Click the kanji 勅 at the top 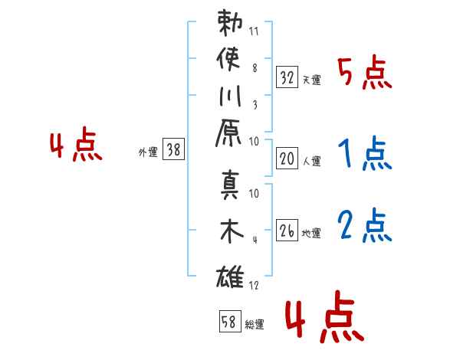click(x=230, y=22)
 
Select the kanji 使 click(x=228, y=59)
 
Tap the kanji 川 click(x=230, y=96)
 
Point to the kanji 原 click(x=228, y=133)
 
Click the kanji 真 click(x=230, y=185)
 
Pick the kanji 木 click(x=232, y=231)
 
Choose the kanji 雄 click(x=230, y=277)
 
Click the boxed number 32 click(x=287, y=77)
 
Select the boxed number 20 click(x=287, y=159)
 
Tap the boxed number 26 click(x=287, y=230)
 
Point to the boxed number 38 click(x=173, y=149)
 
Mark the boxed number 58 click(x=230, y=321)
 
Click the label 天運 click(x=311, y=80)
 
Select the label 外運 click(x=148, y=152)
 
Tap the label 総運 click(x=255, y=324)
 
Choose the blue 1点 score click(x=365, y=152)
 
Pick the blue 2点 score click(x=365, y=225)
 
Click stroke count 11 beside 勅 click(x=254, y=31)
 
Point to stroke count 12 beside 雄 click(x=254, y=285)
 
